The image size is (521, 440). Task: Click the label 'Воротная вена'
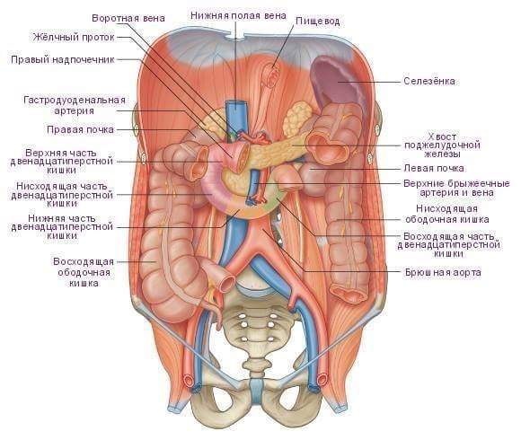click(128, 18)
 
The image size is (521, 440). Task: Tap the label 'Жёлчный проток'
click(74, 37)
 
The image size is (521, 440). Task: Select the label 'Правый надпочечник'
click(63, 59)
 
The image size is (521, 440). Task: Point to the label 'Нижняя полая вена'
click(238, 15)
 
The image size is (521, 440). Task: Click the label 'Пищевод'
click(318, 22)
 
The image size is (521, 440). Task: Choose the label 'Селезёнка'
click(429, 81)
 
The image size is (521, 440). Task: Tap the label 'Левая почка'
click(434, 168)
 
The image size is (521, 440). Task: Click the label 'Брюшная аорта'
click(443, 273)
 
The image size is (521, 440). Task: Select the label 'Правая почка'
click(80, 129)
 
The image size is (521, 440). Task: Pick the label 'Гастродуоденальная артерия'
click(75, 105)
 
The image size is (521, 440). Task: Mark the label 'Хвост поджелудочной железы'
click(442, 145)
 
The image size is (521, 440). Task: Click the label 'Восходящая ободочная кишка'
click(84, 272)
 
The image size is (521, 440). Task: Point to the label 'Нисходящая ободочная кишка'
click(447, 214)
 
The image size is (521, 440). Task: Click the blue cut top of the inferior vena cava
click(235, 106)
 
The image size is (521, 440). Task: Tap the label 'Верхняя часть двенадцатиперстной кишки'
click(62, 162)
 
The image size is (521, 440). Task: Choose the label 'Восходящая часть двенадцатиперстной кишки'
click(448, 245)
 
